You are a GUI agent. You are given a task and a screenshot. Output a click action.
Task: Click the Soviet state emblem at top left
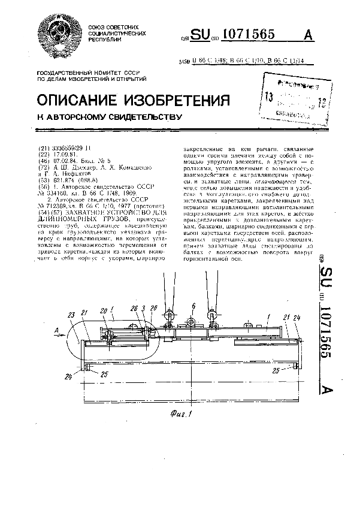tap(58, 35)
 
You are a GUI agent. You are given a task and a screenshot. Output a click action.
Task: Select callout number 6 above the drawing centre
tap(193, 306)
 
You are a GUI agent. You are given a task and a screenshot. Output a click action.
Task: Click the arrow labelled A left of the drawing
tap(56, 329)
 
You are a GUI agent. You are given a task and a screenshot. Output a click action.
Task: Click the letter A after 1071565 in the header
tap(309, 35)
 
